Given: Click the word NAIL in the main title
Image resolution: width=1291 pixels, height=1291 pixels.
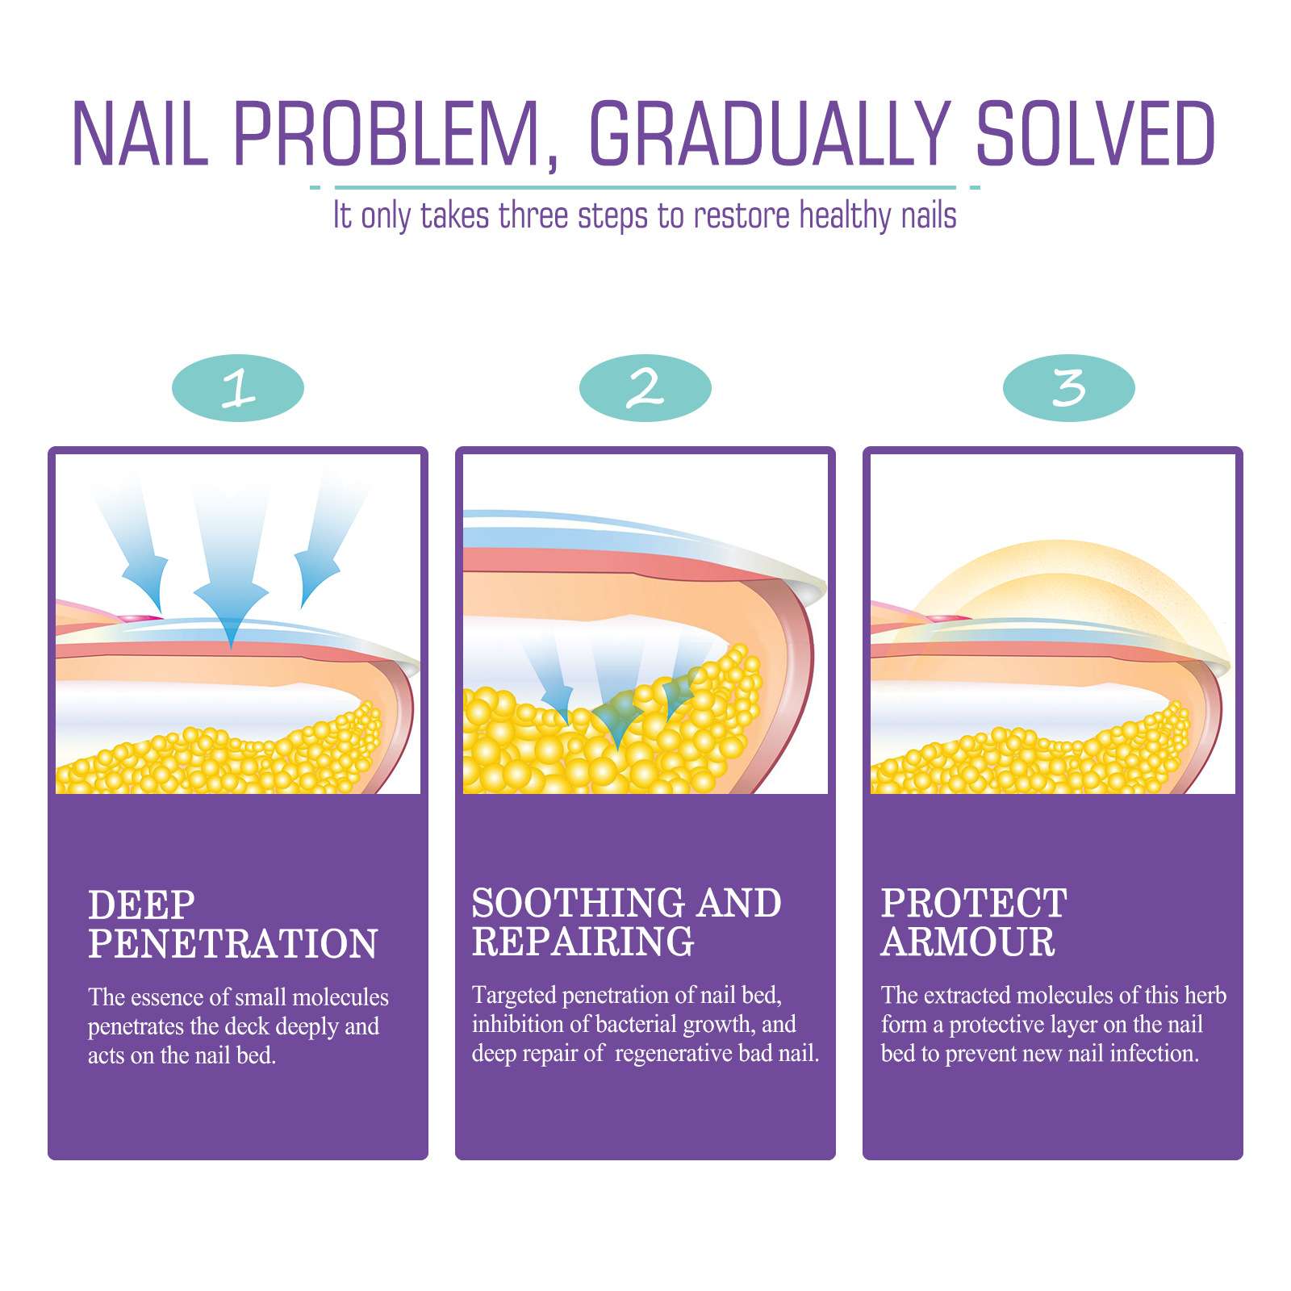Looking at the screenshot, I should point(140,134).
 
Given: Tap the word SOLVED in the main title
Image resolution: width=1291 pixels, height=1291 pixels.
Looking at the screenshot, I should point(1096,134).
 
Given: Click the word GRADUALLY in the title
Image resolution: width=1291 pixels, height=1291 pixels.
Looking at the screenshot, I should point(769,134).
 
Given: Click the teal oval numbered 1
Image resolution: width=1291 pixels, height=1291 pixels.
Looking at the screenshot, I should point(238,388).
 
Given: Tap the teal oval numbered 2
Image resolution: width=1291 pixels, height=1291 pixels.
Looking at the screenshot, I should point(645,388).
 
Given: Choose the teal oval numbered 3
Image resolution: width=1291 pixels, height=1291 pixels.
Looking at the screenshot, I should point(1068,388).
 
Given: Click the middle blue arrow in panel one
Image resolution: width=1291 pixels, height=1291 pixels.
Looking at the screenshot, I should point(232,581).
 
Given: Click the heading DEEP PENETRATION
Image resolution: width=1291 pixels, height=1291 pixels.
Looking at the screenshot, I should point(232,925).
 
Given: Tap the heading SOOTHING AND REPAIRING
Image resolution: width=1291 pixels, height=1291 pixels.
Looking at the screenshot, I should point(626,922).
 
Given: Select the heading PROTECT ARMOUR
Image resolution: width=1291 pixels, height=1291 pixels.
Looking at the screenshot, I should point(973,922).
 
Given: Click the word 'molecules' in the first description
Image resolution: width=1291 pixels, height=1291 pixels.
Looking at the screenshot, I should point(340,997).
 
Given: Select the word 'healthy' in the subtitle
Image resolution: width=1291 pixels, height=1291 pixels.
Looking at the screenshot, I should point(845,216).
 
